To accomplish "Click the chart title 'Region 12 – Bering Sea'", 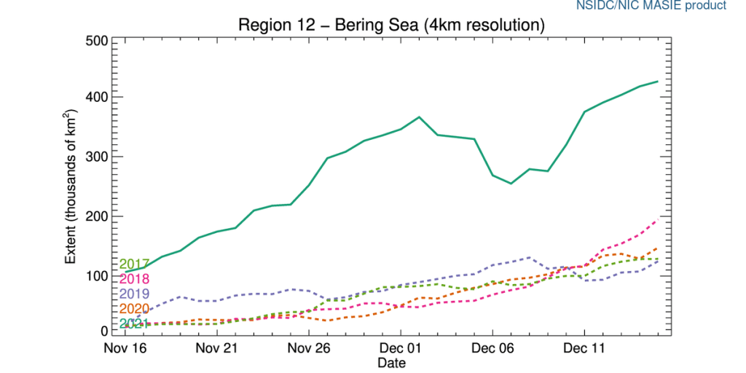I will coord(392,25).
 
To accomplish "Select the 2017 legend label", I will coord(134,264).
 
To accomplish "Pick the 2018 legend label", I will coord(134,279).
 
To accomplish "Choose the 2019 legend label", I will coord(134,294).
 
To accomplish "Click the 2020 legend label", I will coord(134,309).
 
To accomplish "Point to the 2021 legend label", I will coord(134,323).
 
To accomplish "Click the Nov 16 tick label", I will coord(126,348).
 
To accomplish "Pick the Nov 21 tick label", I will coord(218,348).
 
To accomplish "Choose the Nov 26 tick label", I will coord(310,348).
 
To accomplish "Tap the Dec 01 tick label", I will coord(401,348).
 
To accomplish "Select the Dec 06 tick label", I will coord(493,348).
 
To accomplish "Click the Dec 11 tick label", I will coord(585,348).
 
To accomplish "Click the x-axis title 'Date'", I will coord(392,361).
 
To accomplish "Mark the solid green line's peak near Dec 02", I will coord(420,117).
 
